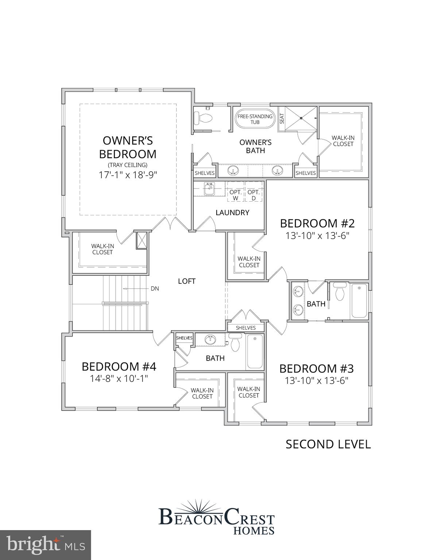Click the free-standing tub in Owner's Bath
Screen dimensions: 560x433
(x=255, y=119)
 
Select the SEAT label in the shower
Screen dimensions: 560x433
(x=282, y=118)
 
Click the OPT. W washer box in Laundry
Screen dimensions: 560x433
(x=236, y=195)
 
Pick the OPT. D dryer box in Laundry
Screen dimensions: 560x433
(x=254, y=195)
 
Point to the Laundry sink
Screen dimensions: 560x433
(x=209, y=189)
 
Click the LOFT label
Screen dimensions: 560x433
(x=187, y=281)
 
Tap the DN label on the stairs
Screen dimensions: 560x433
(x=155, y=288)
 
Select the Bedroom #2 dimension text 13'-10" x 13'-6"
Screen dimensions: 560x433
(x=317, y=236)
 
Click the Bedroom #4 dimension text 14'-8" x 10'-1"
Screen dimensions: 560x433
(x=119, y=379)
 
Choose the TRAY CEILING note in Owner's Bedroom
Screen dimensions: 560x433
(x=128, y=165)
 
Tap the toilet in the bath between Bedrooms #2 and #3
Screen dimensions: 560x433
(x=340, y=292)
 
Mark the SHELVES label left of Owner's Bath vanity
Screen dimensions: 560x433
(x=205, y=173)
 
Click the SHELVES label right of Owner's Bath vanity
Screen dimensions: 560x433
(x=306, y=173)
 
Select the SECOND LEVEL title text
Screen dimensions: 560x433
(x=328, y=444)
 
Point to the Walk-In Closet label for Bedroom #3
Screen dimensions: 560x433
(x=249, y=392)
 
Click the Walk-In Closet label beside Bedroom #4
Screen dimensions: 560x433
(x=202, y=393)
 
